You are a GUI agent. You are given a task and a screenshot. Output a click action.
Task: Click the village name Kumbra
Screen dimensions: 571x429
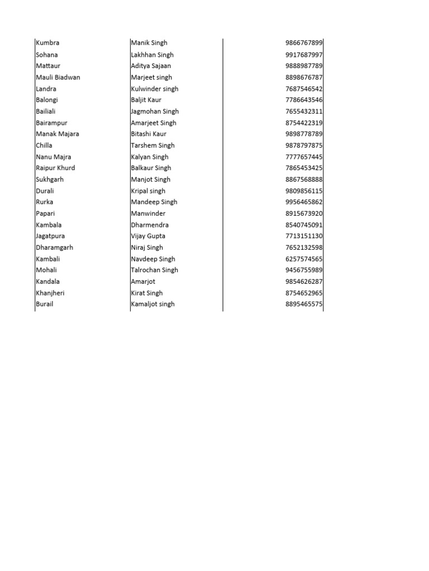(47, 43)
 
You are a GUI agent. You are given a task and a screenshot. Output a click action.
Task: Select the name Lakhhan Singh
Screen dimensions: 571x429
(152, 55)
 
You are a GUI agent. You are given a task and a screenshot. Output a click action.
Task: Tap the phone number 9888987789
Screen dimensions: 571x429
(304, 66)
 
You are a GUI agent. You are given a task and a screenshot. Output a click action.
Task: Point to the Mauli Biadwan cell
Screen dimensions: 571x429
(58, 77)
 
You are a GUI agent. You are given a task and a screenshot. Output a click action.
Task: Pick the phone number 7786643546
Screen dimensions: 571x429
(304, 100)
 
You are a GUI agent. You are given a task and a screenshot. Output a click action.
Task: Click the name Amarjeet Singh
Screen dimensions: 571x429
(154, 123)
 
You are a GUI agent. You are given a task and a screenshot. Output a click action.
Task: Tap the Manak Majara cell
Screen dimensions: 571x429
(58, 134)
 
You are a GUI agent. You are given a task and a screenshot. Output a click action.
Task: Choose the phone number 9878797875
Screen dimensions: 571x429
(304, 146)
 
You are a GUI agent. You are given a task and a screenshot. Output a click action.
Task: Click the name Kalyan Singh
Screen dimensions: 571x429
(150, 157)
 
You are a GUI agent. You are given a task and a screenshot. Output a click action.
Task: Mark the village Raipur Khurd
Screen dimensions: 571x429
(55, 168)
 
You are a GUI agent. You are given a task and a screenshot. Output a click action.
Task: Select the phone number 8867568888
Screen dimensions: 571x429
(304, 180)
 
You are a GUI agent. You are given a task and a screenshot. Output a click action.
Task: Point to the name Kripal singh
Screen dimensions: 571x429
(148, 191)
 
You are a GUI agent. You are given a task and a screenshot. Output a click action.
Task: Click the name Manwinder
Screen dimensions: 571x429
(148, 214)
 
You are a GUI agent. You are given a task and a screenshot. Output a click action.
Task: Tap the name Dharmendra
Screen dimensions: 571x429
(150, 225)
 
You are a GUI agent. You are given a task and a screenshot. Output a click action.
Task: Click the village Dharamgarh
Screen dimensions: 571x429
(55, 248)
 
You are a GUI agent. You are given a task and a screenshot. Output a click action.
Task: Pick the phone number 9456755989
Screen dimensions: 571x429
(304, 270)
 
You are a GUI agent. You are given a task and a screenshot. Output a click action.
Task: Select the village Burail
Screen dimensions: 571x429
(45, 304)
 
